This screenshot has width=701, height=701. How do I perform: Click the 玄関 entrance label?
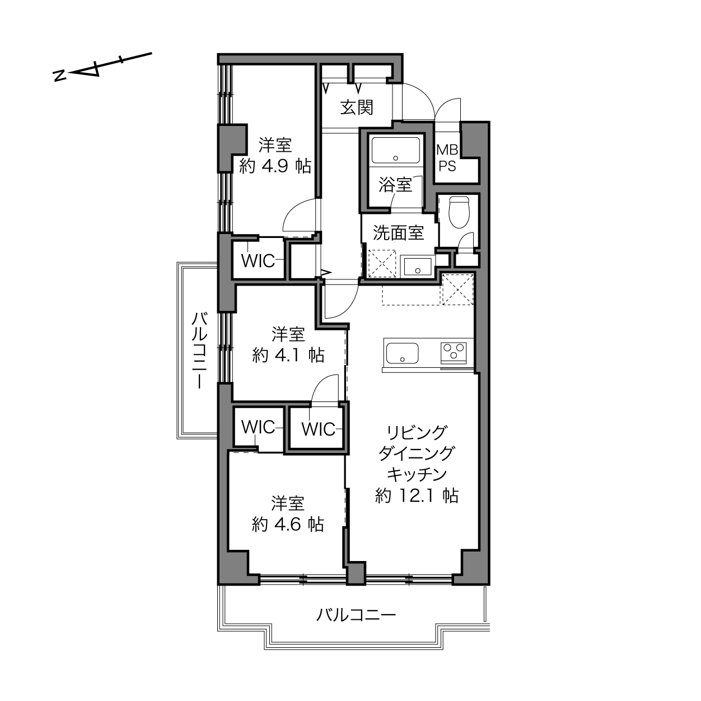(x=357, y=108)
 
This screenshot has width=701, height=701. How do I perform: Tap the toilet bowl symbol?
(x=460, y=212)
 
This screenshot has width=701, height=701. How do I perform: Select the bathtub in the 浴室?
(x=395, y=151)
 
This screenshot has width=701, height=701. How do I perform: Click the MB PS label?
(x=447, y=157)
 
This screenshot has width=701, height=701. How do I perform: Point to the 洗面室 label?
(x=398, y=233)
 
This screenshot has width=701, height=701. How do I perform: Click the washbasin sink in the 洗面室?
(x=418, y=267)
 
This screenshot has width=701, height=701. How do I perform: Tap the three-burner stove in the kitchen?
(x=454, y=352)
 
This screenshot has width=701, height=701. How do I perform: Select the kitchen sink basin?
(x=402, y=353)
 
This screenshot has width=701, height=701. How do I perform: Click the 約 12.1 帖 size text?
(x=417, y=496)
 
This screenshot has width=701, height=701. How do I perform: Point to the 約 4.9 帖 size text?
(x=275, y=167)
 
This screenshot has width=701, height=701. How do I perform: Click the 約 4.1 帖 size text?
(x=288, y=355)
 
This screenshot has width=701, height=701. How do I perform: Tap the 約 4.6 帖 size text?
(x=288, y=524)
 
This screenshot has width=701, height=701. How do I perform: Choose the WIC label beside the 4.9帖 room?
(x=258, y=260)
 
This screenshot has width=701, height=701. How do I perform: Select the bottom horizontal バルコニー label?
(x=356, y=615)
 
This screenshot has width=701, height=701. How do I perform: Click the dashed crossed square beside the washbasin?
(x=382, y=263)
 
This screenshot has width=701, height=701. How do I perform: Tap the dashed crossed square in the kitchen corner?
(x=457, y=289)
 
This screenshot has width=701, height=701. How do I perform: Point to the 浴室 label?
(x=395, y=185)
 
